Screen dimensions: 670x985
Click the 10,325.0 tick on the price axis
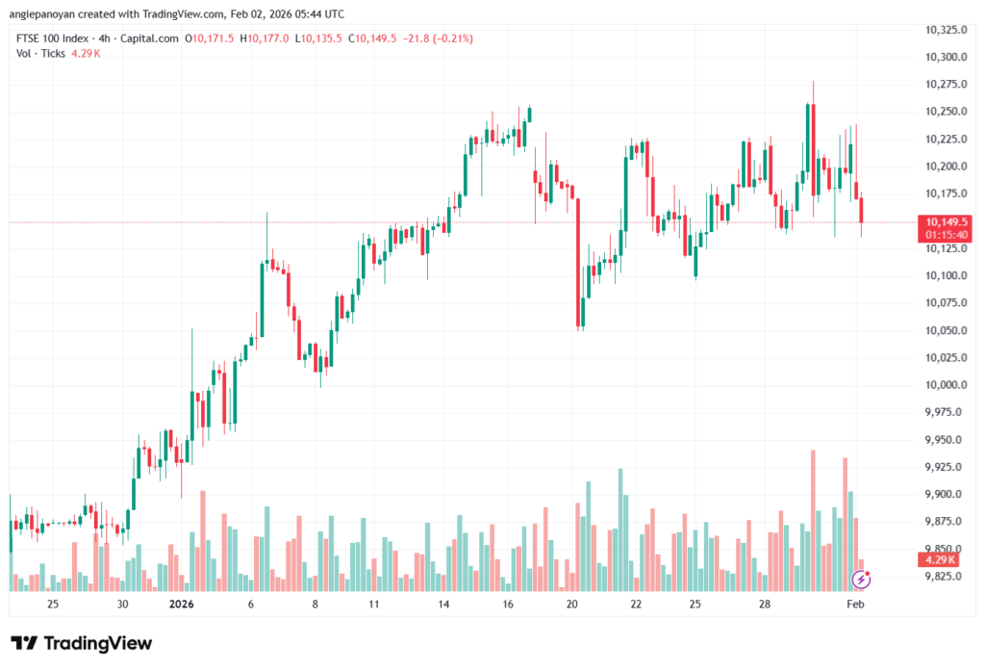pyautogui.click(x=944, y=30)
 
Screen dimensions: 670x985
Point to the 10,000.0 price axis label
pyautogui.click(x=944, y=385)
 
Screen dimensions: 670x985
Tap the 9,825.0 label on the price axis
pyautogui.click(x=944, y=577)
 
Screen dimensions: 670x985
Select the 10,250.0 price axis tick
pyautogui.click(x=944, y=112)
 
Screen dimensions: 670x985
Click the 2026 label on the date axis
pyautogui.click(x=183, y=605)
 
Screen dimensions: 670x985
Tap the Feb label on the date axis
pyautogui.click(x=854, y=605)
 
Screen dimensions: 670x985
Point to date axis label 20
pyautogui.click(x=572, y=605)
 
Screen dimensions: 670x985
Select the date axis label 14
pyautogui.click(x=444, y=605)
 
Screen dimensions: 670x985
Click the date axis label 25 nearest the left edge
pyautogui.click(x=53, y=605)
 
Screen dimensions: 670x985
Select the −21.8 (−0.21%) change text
pyautogui.click(x=438, y=39)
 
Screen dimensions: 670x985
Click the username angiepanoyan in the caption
pyautogui.click(x=44, y=13)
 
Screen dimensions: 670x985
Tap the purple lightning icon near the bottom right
pyautogui.click(x=862, y=580)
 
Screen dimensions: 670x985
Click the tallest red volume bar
pyautogui.click(x=813, y=520)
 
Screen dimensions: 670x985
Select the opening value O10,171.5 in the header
pyautogui.click(x=213, y=39)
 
